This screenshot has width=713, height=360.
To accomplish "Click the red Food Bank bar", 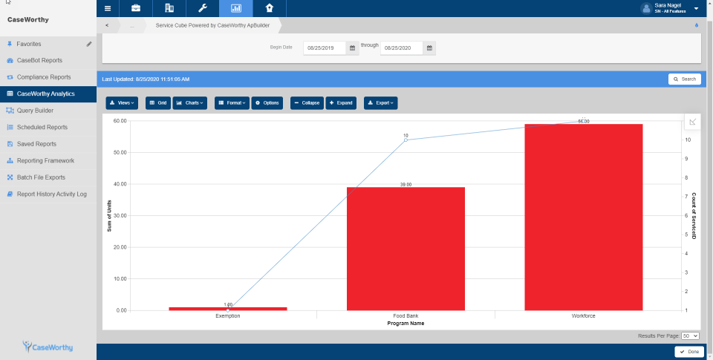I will pyautogui.click(x=406, y=249).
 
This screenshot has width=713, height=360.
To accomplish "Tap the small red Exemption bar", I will pyautogui.click(x=228, y=308).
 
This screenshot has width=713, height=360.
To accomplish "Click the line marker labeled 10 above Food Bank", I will pyautogui.click(x=406, y=140).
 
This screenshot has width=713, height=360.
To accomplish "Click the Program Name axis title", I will pyautogui.click(x=406, y=323).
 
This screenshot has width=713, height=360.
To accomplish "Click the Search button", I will pyautogui.click(x=684, y=79).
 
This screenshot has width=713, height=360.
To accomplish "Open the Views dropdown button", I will pyautogui.click(x=123, y=102).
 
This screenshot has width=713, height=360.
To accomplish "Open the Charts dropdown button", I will pyautogui.click(x=190, y=102).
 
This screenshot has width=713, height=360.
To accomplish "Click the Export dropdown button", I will pyautogui.click(x=380, y=102).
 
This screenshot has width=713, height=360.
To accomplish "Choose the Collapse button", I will pyautogui.click(x=307, y=102).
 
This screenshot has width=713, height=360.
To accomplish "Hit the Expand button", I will pyautogui.click(x=341, y=102).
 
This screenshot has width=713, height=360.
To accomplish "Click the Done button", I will pyautogui.click(x=689, y=352).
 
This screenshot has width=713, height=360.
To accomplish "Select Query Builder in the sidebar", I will pyautogui.click(x=35, y=111).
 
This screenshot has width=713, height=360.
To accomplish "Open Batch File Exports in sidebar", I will pyautogui.click(x=41, y=177).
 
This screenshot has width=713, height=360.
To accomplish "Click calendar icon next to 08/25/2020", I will pyautogui.click(x=430, y=48).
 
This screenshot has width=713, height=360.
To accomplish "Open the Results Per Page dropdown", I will pyautogui.click(x=691, y=336).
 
